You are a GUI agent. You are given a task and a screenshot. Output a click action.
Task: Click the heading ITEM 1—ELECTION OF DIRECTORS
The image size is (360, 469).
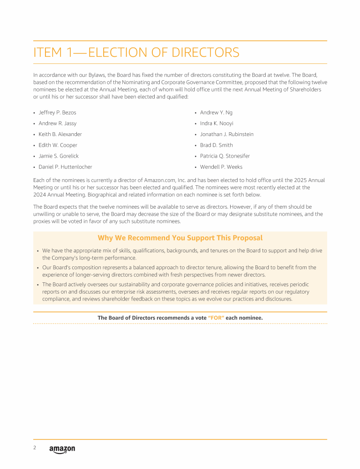coord(136,53)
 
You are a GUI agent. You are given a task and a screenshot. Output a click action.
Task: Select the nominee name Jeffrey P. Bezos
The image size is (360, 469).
coord(57,113)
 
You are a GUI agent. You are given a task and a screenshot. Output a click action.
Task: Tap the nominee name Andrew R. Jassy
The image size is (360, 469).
coord(57,123)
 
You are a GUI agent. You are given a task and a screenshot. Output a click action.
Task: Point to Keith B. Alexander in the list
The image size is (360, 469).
coord(60,134)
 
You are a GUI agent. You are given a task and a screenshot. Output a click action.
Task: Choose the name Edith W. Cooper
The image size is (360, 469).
coord(58,145)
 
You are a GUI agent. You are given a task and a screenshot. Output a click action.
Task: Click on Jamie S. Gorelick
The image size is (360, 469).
coord(59,156)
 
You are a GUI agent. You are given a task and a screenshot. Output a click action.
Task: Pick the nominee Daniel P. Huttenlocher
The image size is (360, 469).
coord(65,167)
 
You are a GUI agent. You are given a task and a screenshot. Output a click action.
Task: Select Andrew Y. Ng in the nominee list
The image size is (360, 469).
coord(216,113)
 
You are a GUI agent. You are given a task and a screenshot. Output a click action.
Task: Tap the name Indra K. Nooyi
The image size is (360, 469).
coord(217,123)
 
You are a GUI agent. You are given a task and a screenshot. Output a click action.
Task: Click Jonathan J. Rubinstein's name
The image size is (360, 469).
coord(226,134)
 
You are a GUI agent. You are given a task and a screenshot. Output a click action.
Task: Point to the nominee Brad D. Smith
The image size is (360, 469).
coord(216,145)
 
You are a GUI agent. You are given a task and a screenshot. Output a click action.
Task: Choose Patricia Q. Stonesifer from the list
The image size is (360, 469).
coord(225,156)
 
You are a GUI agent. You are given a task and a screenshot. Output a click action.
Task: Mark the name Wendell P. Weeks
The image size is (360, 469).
coord(221,167)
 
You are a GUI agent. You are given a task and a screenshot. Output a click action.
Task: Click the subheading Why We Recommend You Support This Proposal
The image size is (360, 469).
coord(180,238)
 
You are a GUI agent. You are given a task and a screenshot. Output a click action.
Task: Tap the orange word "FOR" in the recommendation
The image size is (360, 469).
coord(216,318)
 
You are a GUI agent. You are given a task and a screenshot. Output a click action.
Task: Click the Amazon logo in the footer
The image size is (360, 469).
coord(62,449)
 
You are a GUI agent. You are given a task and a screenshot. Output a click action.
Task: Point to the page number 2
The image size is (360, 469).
coord(35,448)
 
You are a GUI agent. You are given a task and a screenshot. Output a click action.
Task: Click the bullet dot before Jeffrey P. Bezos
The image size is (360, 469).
coord(34,113)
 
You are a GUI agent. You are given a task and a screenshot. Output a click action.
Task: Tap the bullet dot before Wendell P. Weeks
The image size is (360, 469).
coord(195,167)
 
